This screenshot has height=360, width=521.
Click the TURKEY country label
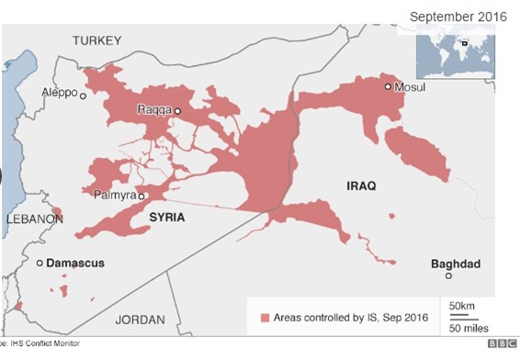98,40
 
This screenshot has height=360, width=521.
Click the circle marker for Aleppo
83,96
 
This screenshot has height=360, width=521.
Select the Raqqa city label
154,111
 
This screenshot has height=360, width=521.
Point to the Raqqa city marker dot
178,112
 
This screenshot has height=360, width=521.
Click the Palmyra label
114,195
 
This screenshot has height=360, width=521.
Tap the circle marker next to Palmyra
142,196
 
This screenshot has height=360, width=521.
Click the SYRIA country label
166,217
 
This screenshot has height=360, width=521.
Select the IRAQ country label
361,186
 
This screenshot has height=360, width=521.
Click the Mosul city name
411,87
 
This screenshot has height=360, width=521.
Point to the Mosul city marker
388,86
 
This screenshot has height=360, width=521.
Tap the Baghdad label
455,264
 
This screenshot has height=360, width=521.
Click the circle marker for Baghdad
448,276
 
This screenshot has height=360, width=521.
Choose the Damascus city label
75,264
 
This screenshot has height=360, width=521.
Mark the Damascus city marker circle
40,264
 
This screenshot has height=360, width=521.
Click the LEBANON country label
34,219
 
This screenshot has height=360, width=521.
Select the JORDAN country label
140,320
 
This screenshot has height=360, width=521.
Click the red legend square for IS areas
265,317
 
